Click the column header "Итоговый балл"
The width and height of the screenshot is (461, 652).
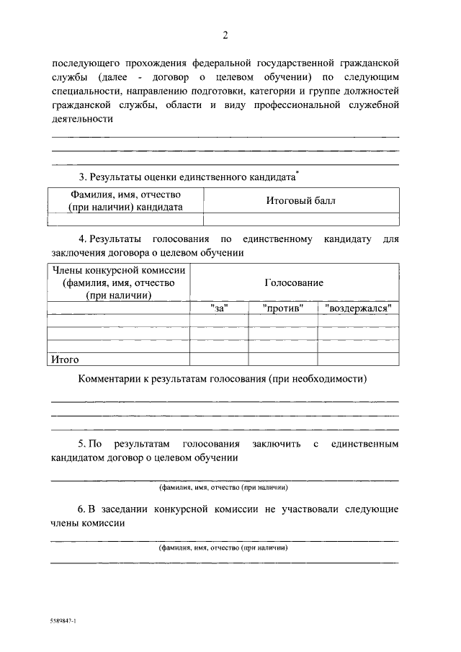pos(300,201)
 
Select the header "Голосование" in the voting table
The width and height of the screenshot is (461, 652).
pos(294,283)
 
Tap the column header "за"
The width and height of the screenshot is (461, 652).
pos(218,308)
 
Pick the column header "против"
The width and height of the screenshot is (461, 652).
pos(282,308)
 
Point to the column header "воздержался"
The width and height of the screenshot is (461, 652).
pos(358,308)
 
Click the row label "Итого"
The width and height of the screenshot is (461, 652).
pos(64,359)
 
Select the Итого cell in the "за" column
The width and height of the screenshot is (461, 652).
pos(218,359)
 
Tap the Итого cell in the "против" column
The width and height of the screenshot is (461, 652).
pos(282,359)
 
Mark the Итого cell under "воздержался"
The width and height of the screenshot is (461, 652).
pos(358,359)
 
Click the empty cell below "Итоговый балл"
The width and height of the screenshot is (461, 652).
pos(300,220)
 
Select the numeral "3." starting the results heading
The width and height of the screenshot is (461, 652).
pos(83,177)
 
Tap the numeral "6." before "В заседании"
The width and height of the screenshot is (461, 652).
pos(83,509)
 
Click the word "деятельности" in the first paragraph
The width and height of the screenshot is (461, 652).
pos(82,119)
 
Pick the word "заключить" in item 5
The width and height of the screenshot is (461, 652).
pos(277,444)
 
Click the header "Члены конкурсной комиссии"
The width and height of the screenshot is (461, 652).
pos(118,270)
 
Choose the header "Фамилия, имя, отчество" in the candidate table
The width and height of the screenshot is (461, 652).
pos(125,195)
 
